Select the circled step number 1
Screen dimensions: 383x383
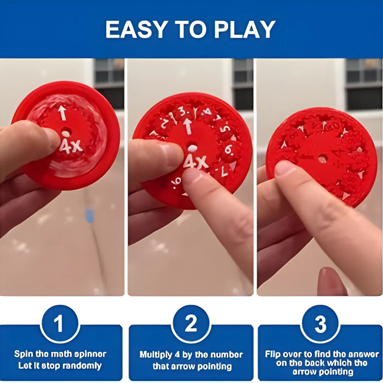coord(59,324)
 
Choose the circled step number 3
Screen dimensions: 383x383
coord(320,324)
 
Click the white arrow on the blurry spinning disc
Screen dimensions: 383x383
coord(62,113)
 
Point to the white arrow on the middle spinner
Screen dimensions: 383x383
coord(188,126)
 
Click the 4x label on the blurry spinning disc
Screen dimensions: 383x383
coord(71,145)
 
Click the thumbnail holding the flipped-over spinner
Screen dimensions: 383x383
coord(284,168)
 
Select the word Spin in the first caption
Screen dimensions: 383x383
coord(22,354)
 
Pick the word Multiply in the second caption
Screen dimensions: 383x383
coord(156,355)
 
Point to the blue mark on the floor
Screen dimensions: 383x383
coord(90,216)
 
